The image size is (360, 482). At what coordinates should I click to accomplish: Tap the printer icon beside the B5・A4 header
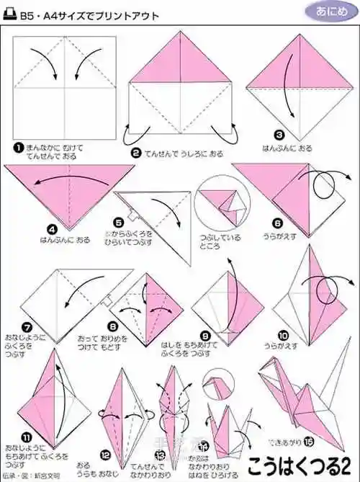pyautogui.click(x=12, y=12)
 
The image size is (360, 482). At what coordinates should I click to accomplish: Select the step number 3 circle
pyautogui.click(x=279, y=134)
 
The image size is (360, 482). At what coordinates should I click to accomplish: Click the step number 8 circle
pyautogui.click(x=113, y=326)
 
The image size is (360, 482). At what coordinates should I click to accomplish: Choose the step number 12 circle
pyautogui.click(x=106, y=455)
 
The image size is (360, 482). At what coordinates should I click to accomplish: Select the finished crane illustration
pyautogui.click(x=302, y=403)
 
